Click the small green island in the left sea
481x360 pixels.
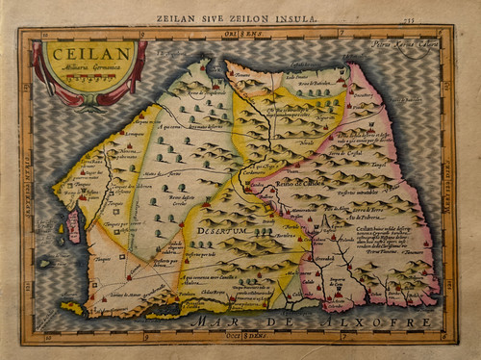pos(45,262)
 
